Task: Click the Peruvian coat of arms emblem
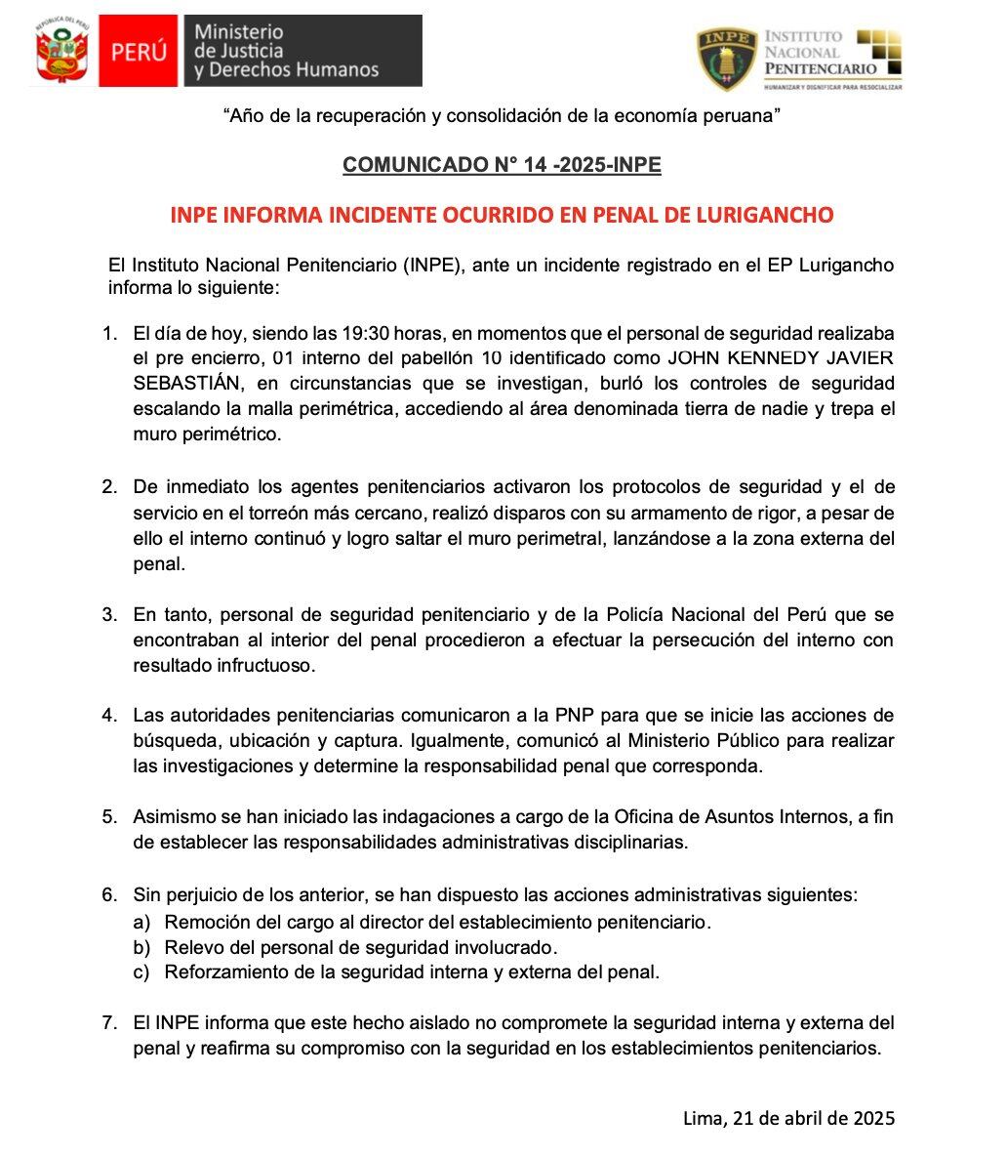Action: click(x=62, y=51)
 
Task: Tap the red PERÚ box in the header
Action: click(x=139, y=51)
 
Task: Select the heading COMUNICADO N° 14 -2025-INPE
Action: click(x=502, y=165)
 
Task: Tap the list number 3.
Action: click(x=110, y=615)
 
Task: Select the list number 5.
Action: click(x=110, y=817)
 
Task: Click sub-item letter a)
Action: click(x=142, y=922)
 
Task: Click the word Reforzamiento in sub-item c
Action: click(x=221, y=972)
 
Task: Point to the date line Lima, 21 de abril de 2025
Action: click(x=788, y=1118)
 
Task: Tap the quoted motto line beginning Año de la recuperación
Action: click(x=503, y=116)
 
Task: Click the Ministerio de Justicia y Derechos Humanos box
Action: click(x=302, y=51)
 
